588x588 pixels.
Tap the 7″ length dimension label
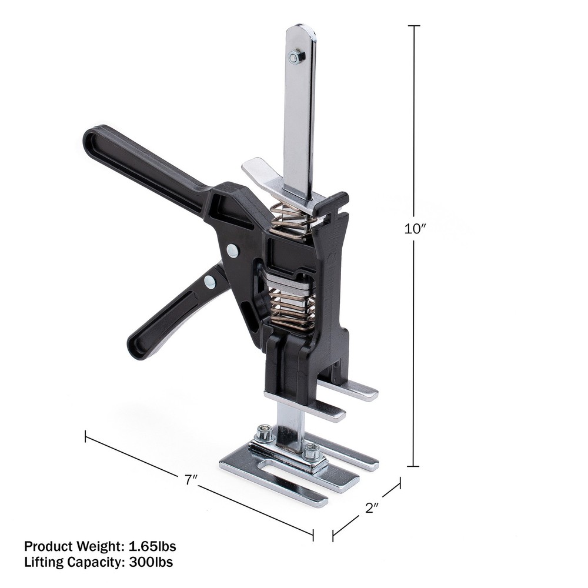pyautogui.click(x=190, y=480)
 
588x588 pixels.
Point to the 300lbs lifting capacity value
pyautogui.click(x=148, y=562)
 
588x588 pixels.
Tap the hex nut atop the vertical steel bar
pyautogui.click(x=296, y=56)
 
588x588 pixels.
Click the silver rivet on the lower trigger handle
pyautogui.click(x=210, y=282)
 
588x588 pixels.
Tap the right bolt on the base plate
pyautogui.click(x=312, y=452)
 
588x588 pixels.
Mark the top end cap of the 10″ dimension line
pyautogui.click(x=414, y=26)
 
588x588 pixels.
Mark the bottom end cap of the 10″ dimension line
pyautogui.click(x=414, y=466)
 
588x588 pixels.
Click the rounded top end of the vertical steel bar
pyautogui.click(x=300, y=29)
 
